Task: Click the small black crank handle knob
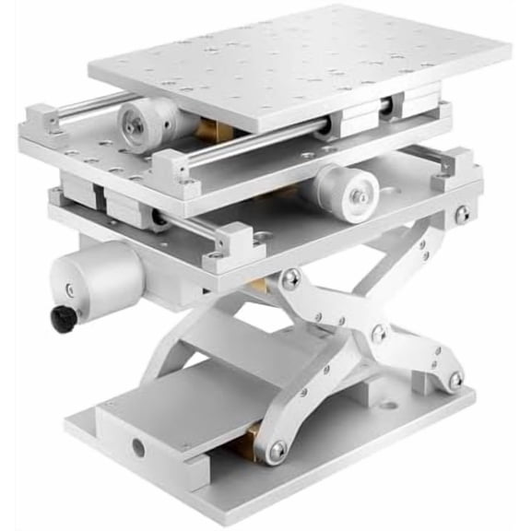[x=64, y=318]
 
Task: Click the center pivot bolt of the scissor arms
[x=379, y=333]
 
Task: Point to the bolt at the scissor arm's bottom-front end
[x=277, y=450]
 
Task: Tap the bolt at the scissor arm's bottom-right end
[x=454, y=379]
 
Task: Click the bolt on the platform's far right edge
[x=461, y=215]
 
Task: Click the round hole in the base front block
[x=138, y=448]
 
